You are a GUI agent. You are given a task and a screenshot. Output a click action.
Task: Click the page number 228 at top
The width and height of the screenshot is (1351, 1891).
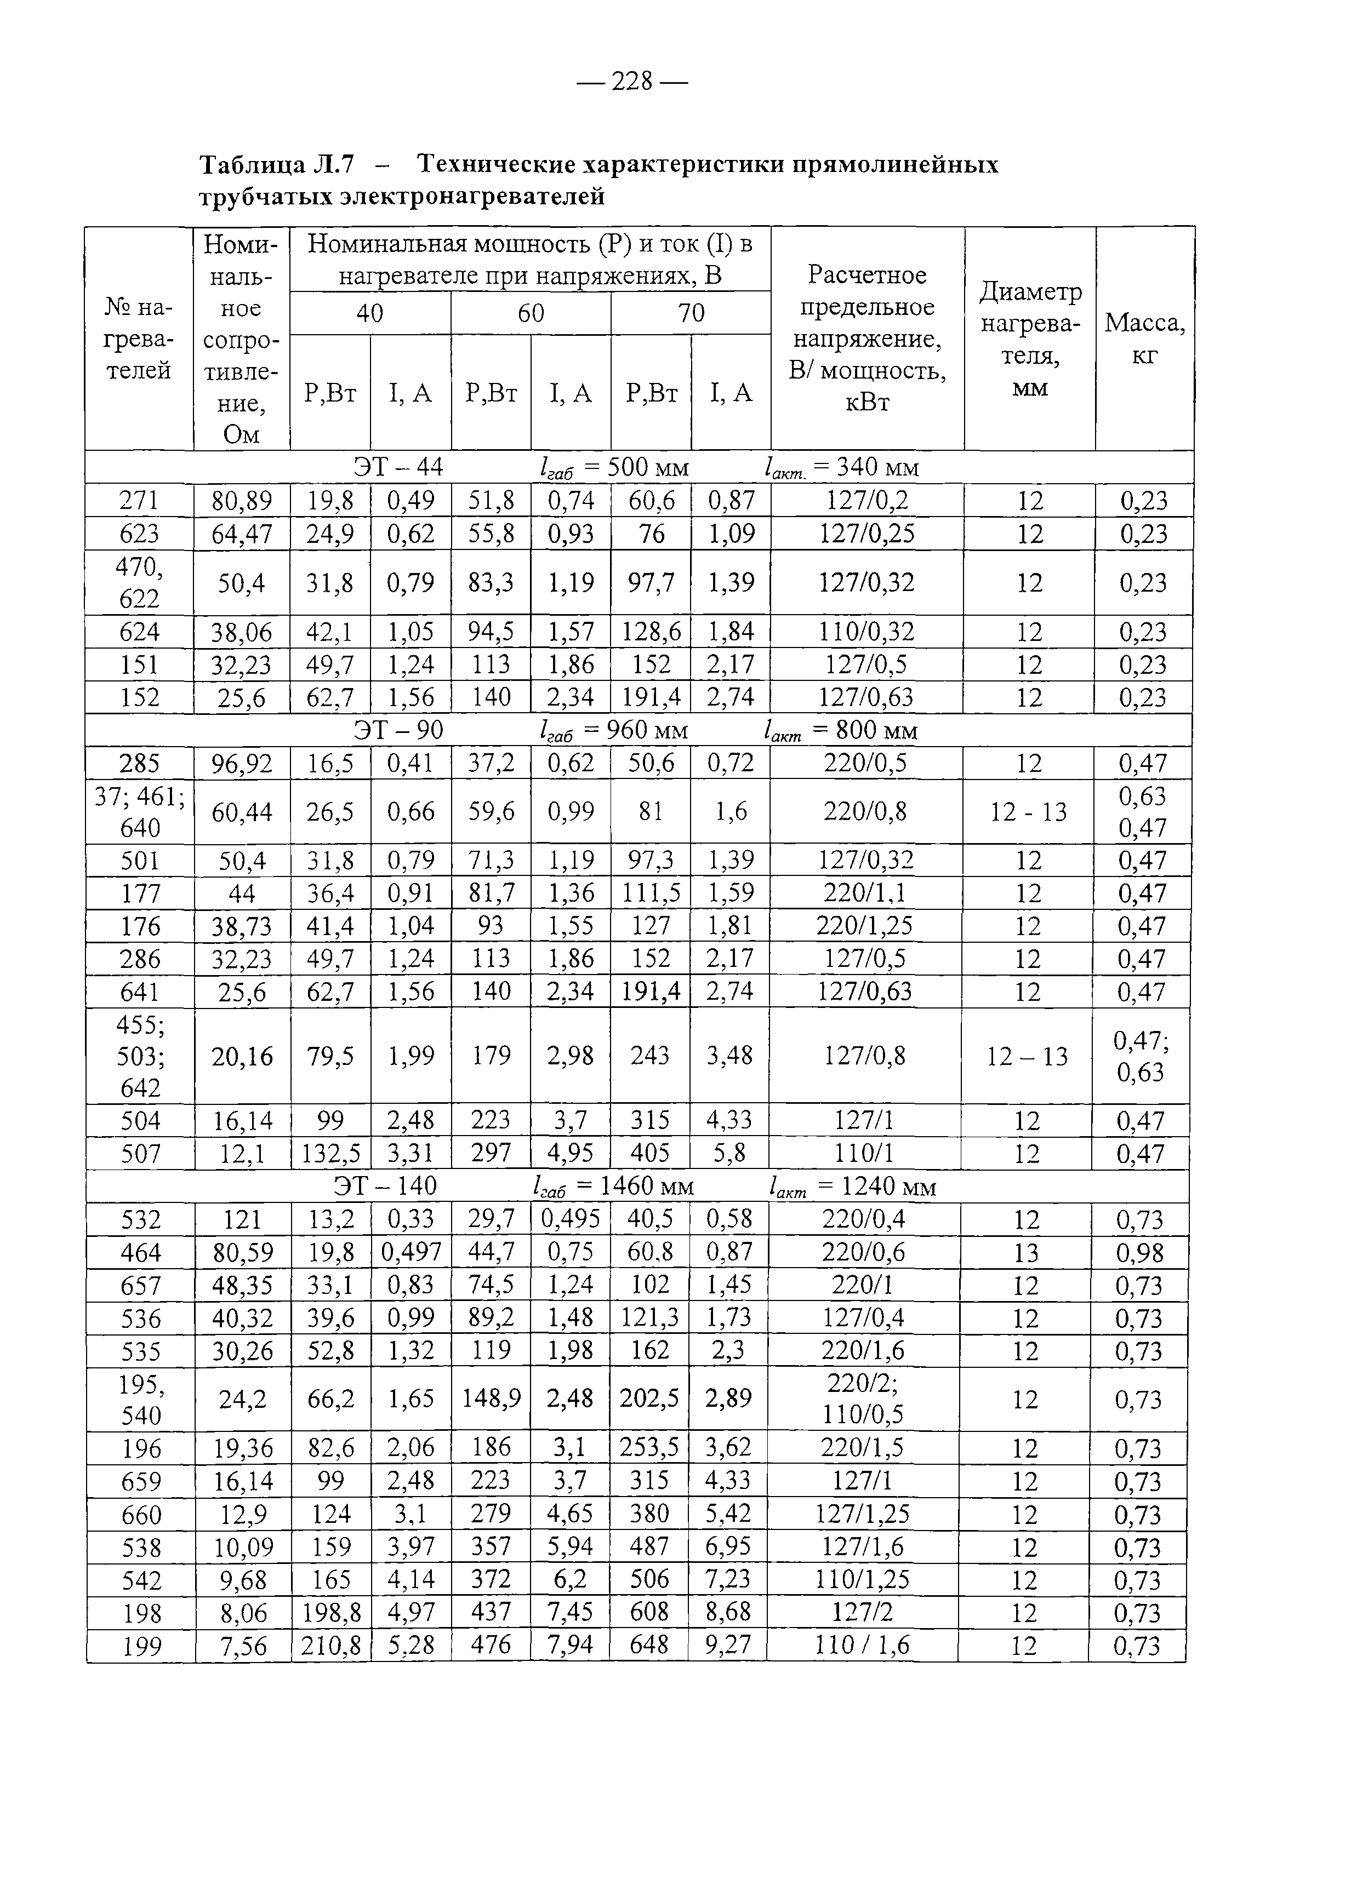[x=632, y=82]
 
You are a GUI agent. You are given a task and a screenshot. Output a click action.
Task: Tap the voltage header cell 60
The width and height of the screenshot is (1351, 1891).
[x=531, y=313]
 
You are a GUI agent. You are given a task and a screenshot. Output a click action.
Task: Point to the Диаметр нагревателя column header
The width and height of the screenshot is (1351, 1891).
[x=1030, y=339]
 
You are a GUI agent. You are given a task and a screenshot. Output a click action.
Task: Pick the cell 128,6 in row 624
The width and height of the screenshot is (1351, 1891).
[x=651, y=632]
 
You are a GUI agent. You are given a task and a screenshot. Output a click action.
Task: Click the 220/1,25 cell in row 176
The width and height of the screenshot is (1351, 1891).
[x=867, y=926]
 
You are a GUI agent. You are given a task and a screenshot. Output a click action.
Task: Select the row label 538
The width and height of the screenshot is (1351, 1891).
[x=141, y=1547]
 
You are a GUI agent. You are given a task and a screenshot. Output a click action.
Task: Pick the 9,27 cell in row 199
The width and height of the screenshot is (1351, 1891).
[x=728, y=1645]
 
